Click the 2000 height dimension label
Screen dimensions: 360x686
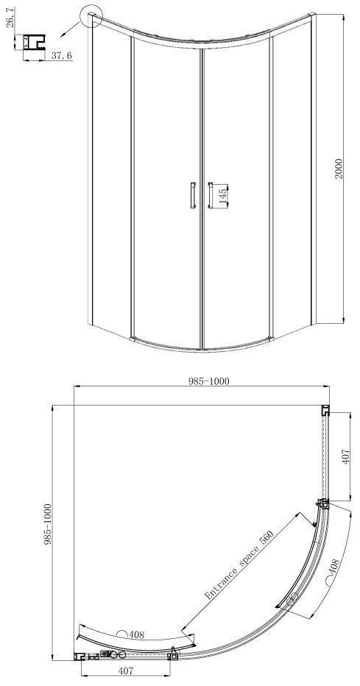(339, 169)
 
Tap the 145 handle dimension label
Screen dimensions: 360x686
(222, 196)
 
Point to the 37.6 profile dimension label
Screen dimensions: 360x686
(62, 55)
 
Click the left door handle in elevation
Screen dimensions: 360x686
(192, 195)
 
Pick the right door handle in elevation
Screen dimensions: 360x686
(211, 195)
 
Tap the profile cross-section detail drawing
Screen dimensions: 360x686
(34, 43)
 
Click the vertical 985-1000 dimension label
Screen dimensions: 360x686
(48, 524)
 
